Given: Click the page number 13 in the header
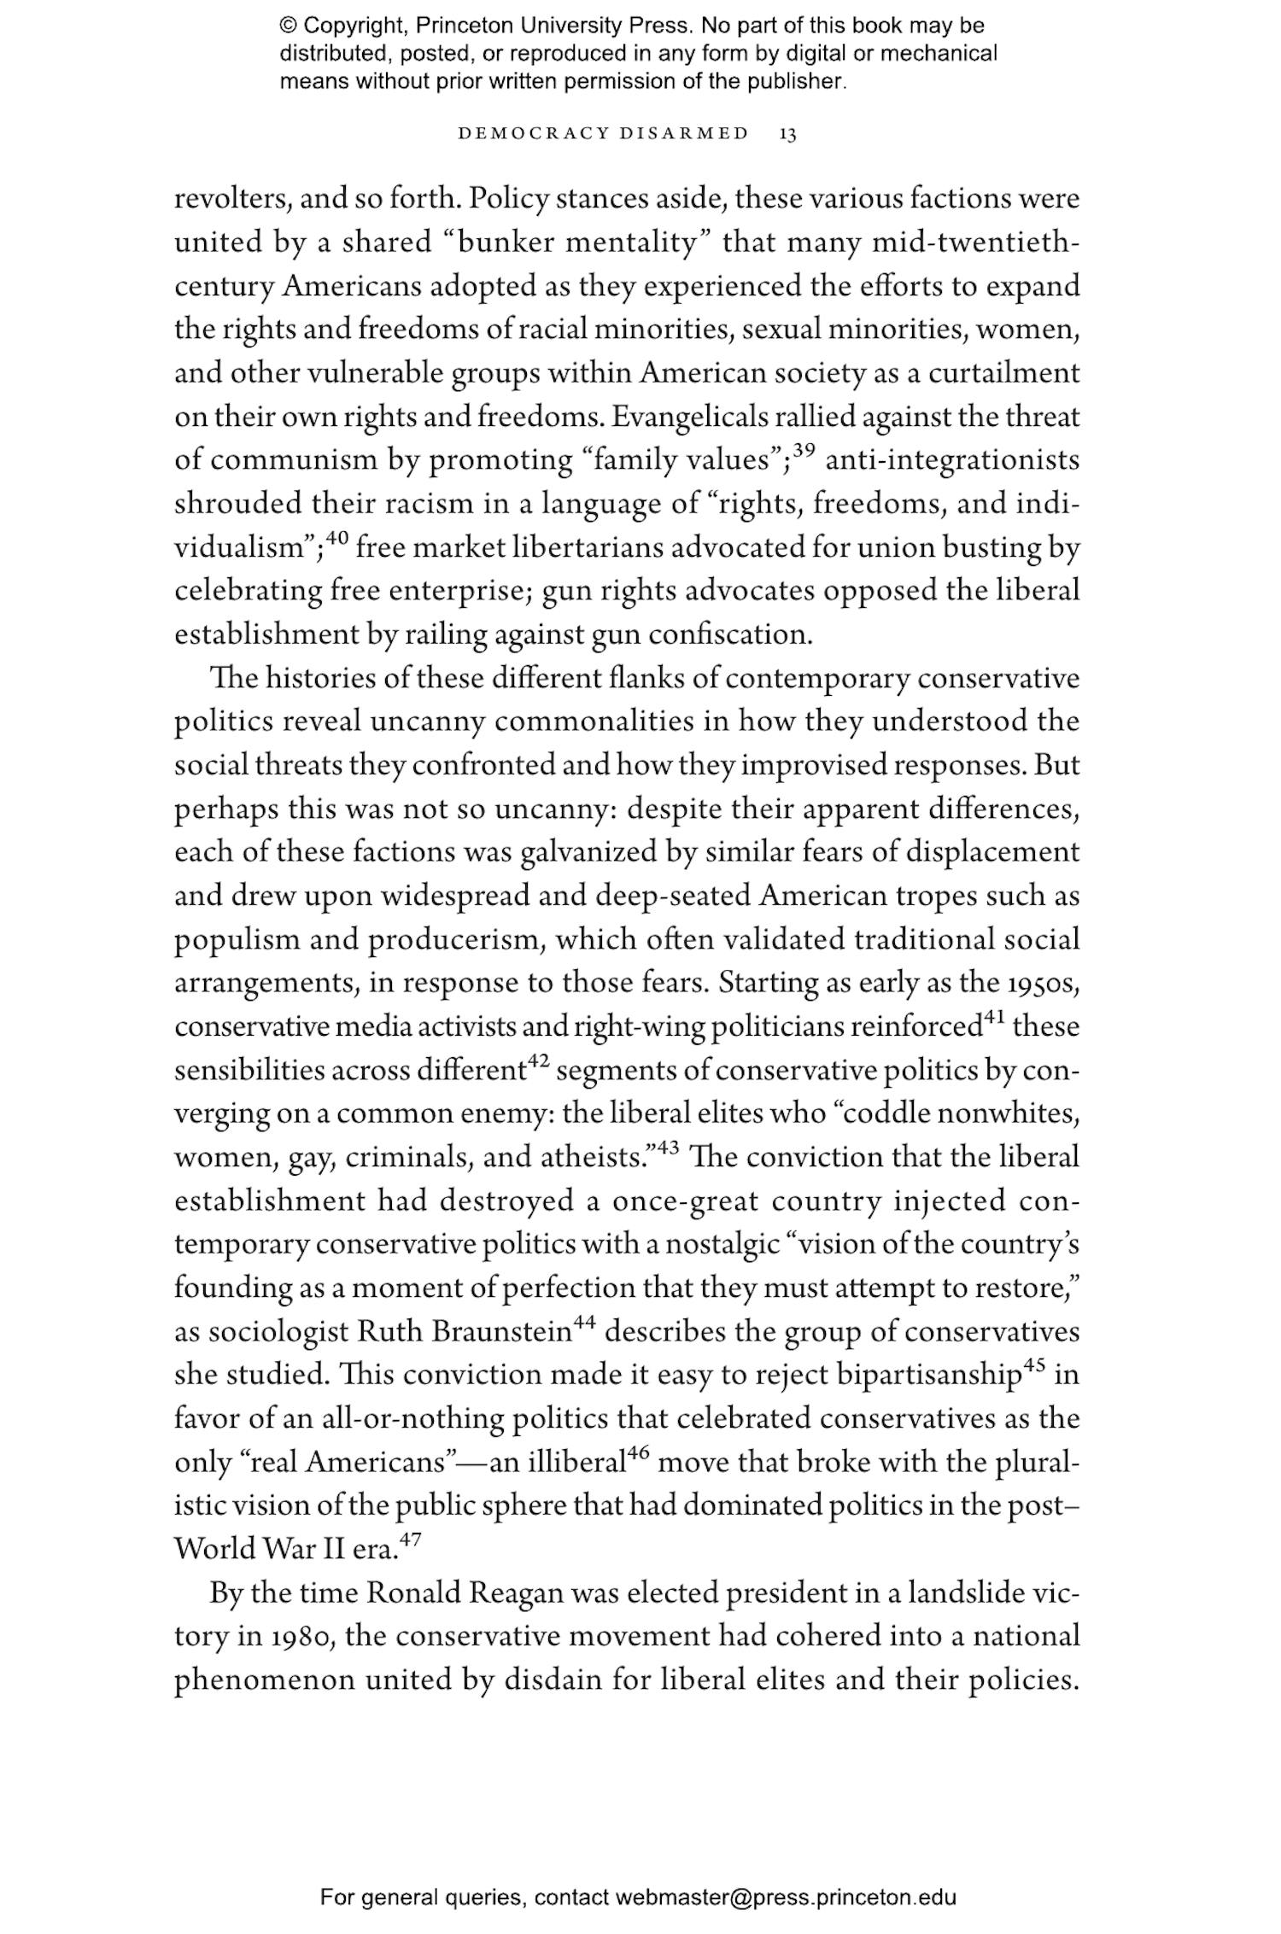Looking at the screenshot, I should (788, 134).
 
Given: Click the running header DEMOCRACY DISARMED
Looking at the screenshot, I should (604, 134).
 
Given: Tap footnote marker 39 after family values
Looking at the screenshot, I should (804, 450).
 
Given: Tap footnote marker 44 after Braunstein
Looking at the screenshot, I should (584, 1323).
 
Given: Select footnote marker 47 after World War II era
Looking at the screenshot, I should (411, 1540).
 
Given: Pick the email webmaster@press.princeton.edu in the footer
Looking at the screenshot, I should (785, 1897).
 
